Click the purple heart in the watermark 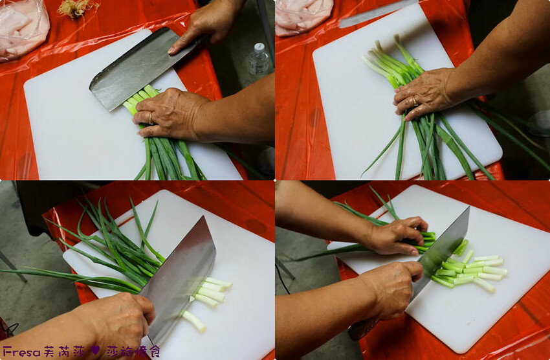coord(95,350)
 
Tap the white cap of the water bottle coord(259,48)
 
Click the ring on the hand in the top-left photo coord(151,118)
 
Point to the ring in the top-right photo coord(415,102)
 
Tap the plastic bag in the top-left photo coord(23,28)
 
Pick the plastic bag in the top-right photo coord(303,16)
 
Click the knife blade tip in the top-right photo coord(340,25)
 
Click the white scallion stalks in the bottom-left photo coord(207,298)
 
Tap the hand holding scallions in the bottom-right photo coord(398,235)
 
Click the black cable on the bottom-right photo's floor coord(283,277)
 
